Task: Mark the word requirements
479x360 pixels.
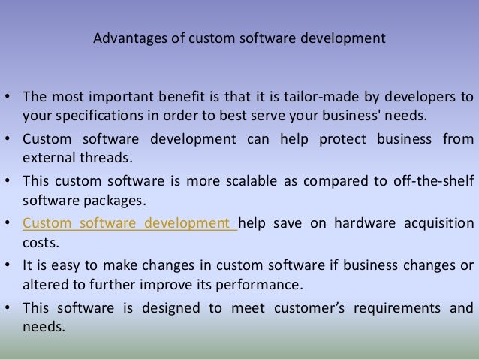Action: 396,307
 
